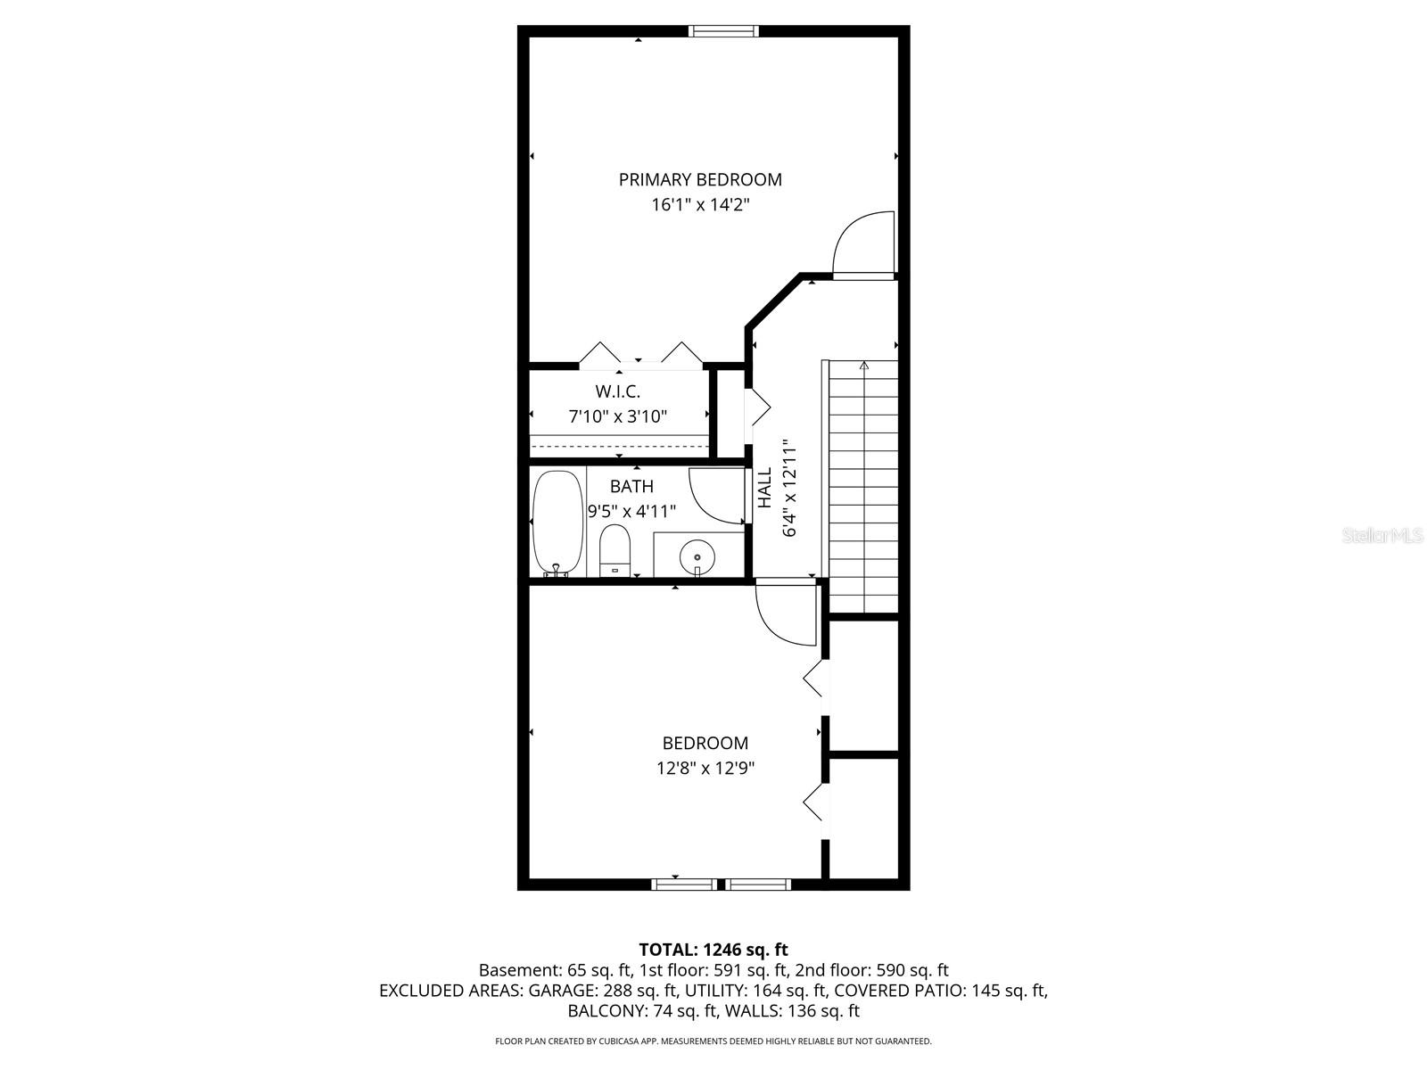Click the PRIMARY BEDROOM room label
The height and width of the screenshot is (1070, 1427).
700,179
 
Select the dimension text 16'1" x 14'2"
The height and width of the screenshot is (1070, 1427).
700,205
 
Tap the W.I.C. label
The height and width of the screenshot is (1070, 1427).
617,391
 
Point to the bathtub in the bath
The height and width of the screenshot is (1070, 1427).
557,523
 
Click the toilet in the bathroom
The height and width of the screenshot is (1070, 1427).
615,552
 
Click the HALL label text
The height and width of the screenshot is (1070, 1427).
765,488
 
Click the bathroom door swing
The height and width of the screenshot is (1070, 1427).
715,496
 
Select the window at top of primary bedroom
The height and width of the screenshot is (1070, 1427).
723,31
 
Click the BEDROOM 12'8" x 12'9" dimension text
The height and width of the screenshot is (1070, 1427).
705,768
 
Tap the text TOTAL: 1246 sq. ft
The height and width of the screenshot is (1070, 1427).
713,950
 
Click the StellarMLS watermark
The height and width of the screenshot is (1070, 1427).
1383,536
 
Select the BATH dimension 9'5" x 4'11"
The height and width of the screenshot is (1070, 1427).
631,512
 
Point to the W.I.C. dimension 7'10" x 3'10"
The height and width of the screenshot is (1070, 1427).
617,416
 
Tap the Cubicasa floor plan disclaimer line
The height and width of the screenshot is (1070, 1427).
713,1041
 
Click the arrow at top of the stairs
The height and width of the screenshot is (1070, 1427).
863,365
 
